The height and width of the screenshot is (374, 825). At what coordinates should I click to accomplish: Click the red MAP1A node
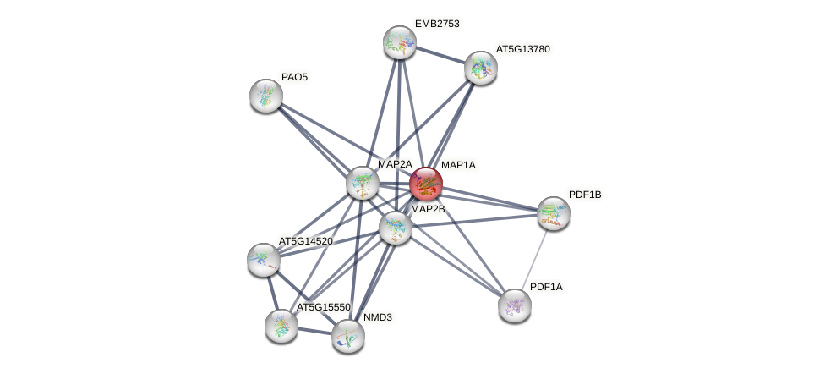pyautogui.click(x=425, y=183)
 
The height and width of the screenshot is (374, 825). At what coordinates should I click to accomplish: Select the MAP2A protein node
pyautogui.click(x=363, y=182)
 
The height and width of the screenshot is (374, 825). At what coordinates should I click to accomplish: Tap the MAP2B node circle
pyautogui.click(x=395, y=227)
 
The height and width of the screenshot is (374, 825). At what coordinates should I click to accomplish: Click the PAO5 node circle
pyautogui.click(x=266, y=95)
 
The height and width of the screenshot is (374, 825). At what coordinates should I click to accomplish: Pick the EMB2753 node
pyautogui.click(x=399, y=42)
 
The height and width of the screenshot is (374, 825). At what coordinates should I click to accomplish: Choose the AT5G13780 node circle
pyautogui.click(x=480, y=68)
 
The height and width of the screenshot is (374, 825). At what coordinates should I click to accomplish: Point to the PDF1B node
pyautogui.click(x=553, y=213)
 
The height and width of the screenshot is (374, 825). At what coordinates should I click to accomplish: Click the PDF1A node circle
pyautogui.click(x=514, y=305)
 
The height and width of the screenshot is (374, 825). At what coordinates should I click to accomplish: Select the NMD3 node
pyautogui.click(x=347, y=335)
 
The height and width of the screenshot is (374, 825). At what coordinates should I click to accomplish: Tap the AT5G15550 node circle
pyautogui.click(x=281, y=325)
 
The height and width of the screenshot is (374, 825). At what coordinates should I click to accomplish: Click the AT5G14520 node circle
pyautogui.click(x=264, y=259)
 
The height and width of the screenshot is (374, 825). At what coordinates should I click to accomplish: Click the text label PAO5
pyautogui.click(x=294, y=77)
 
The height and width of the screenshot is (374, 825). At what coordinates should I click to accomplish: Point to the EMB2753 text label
pyautogui.click(x=436, y=24)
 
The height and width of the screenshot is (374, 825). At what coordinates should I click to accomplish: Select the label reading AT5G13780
pyautogui.click(x=522, y=49)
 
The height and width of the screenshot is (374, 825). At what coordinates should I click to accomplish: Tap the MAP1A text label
pyautogui.click(x=458, y=165)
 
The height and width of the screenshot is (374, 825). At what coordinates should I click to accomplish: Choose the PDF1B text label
pyautogui.click(x=585, y=195)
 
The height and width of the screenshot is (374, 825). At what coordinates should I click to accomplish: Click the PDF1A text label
pyautogui.click(x=546, y=287)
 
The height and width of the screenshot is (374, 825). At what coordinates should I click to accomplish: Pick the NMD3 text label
pyautogui.click(x=377, y=317)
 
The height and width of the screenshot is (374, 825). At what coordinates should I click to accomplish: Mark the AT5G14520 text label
pyautogui.click(x=305, y=241)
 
